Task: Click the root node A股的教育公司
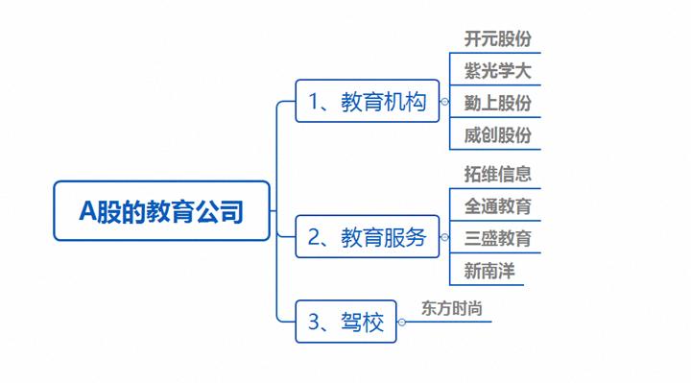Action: pos(160,210)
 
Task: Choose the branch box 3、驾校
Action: pos(345,323)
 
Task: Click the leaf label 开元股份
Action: pos(497,39)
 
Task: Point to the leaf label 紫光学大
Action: pos(497,71)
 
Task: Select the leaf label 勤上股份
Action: pos(497,103)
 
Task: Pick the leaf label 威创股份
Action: pos(497,134)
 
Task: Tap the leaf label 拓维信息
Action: pos(497,175)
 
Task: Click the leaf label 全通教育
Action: pos(497,206)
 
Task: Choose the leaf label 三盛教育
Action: pos(497,238)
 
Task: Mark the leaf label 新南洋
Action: pos(489,271)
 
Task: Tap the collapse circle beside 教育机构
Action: pos(443,101)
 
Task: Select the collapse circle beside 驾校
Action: pos(402,323)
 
